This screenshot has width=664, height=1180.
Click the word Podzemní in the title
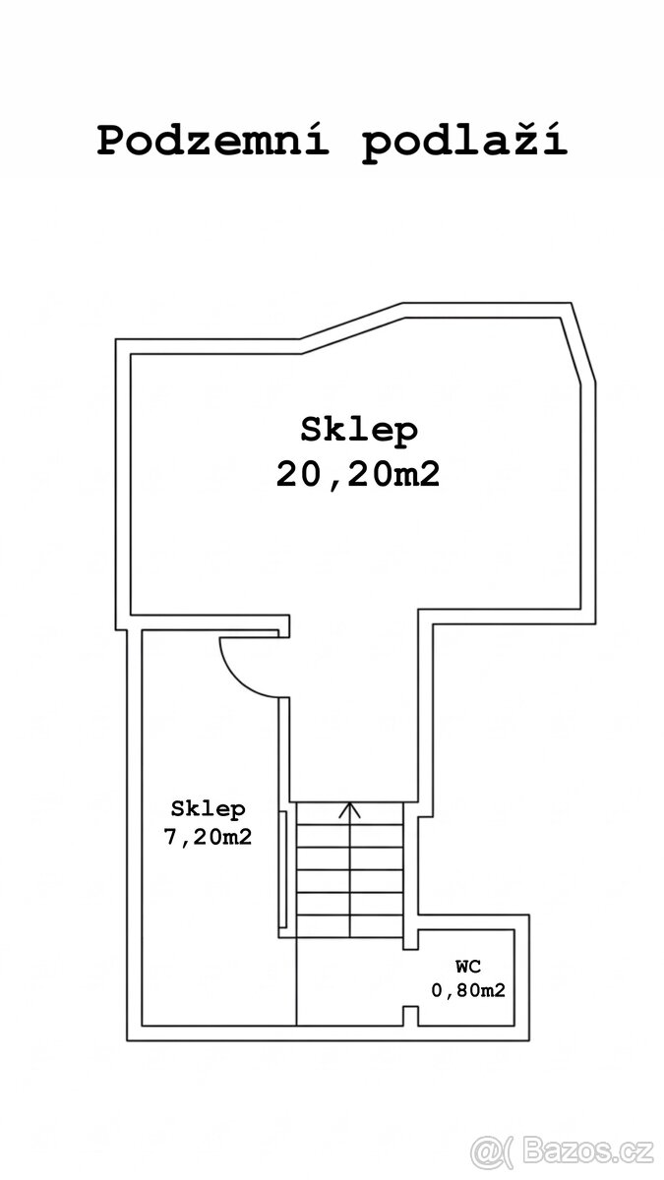point(212,140)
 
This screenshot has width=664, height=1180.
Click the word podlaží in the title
point(464,143)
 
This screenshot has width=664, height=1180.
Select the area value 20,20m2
point(358,475)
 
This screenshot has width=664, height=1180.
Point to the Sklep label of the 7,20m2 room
point(209,809)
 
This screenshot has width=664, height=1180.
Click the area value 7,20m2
point(209,837)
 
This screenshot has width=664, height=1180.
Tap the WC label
point(468,966)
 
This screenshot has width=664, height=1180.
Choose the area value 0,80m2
point(468,990)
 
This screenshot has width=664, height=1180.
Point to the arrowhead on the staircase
point(349,810)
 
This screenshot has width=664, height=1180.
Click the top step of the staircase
point(349,814)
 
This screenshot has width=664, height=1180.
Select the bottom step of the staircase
point(349,926)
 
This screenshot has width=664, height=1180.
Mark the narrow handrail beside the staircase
point(283,869)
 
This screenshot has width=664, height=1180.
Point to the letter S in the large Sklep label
point(311,430)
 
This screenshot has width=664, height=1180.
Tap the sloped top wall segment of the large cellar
point(352,328)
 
